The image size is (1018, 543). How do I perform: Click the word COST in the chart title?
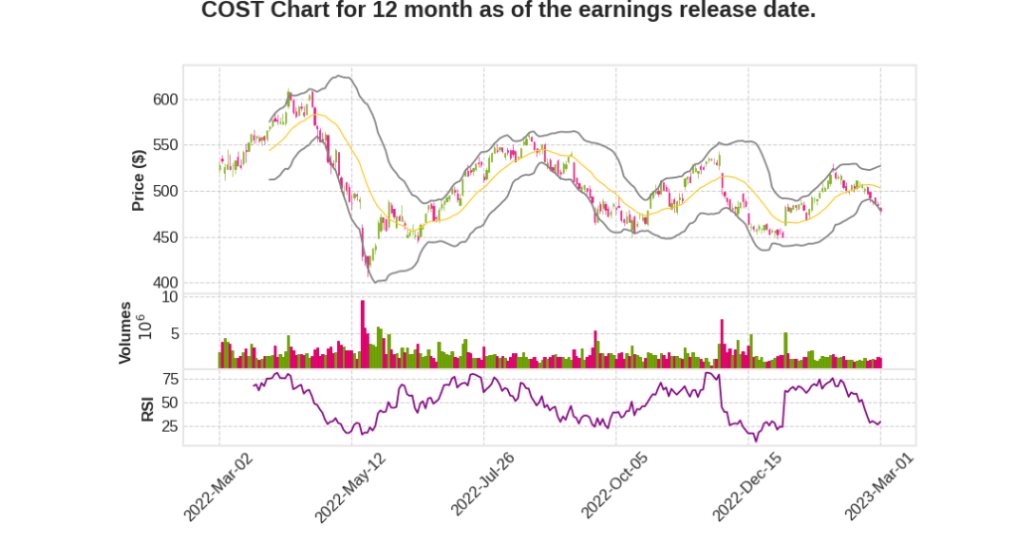click(228, 11)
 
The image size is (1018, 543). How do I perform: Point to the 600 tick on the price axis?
click(164, 99)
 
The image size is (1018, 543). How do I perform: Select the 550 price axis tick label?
click(164, 145)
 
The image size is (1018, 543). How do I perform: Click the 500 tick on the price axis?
click(164, 191)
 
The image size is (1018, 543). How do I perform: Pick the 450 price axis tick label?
click(164, 237)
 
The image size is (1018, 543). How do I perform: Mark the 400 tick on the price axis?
click(164, 283)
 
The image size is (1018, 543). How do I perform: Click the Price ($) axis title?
click(138, 179)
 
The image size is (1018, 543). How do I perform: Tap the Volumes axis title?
click(125, 332)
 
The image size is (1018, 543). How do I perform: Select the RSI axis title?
click(146, 408)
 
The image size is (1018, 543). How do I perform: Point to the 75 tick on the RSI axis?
click(170, 379)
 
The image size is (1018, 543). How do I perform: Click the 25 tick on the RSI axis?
click(170, 427)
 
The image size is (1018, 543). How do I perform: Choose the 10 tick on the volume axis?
click(170, 296)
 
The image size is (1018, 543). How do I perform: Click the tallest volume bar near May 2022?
click(363, 334)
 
